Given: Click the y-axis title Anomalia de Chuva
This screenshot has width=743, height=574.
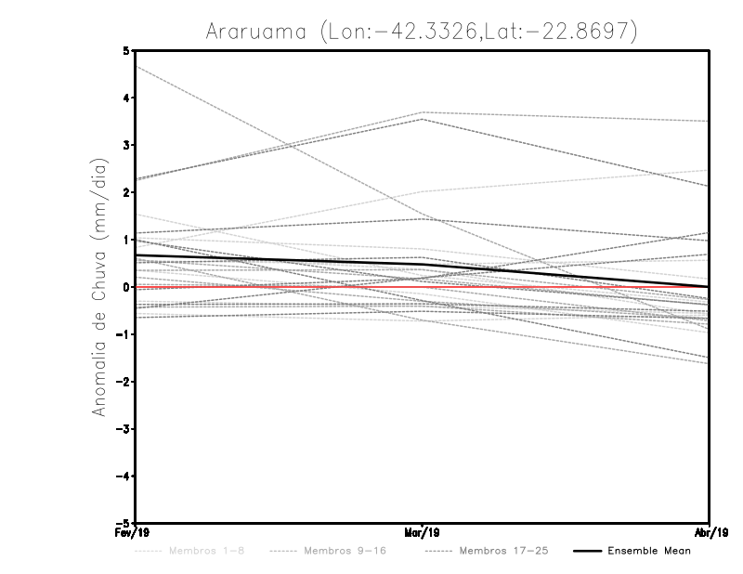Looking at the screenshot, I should click(98, 287).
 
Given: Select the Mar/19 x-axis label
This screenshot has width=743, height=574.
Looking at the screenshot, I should click(424, 534).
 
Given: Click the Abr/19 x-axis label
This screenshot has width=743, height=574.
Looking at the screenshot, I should click(710, 534).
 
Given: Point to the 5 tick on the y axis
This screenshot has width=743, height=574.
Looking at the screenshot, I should click(126, 50).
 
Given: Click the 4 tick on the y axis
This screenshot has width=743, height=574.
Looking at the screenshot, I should click(126, 98).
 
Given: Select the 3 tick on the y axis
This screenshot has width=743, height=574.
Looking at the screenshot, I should click(126, 145).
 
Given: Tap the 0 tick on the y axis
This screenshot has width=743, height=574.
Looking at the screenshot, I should click(126, 287).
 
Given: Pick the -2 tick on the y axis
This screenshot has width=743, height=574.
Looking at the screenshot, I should click(124, 382).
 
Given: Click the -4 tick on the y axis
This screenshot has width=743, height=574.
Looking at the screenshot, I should click(124, 476).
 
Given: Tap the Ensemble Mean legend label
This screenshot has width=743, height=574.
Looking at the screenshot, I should click(649, 551).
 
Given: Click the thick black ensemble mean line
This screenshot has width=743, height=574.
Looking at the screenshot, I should click(279, 261).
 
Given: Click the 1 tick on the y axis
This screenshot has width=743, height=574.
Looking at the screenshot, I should click(126, 240).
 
